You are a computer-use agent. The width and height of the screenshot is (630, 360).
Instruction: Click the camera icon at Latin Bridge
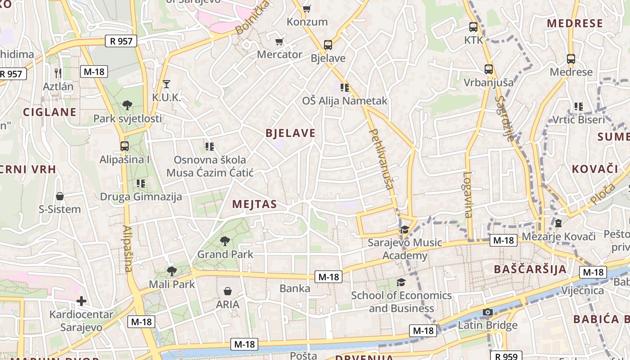487,312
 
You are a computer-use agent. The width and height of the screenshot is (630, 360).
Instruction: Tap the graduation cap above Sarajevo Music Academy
405,229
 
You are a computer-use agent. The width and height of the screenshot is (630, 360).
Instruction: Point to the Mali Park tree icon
171,271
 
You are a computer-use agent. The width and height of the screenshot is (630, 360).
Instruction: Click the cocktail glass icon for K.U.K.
166,84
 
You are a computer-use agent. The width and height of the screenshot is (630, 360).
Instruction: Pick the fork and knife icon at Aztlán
58,72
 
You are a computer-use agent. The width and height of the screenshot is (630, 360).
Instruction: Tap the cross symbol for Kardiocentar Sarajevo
81,301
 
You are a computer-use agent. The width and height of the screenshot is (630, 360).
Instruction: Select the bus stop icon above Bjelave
328,45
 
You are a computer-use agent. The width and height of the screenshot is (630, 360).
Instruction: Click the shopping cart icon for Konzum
307,9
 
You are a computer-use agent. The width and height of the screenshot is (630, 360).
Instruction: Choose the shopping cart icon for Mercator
279,42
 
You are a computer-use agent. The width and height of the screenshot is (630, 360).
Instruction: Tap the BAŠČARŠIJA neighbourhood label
530,270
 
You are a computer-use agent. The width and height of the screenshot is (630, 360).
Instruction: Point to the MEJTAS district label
254,204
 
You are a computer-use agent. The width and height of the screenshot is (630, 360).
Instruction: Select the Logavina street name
468,195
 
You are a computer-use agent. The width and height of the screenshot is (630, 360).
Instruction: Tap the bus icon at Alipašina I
125,146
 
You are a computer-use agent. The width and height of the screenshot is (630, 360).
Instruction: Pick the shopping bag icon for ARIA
228,291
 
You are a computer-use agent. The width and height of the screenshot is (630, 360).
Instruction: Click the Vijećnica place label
582,290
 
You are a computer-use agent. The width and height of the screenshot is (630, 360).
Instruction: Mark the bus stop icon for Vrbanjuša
489,69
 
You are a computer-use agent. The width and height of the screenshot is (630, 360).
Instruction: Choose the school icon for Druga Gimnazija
141,184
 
